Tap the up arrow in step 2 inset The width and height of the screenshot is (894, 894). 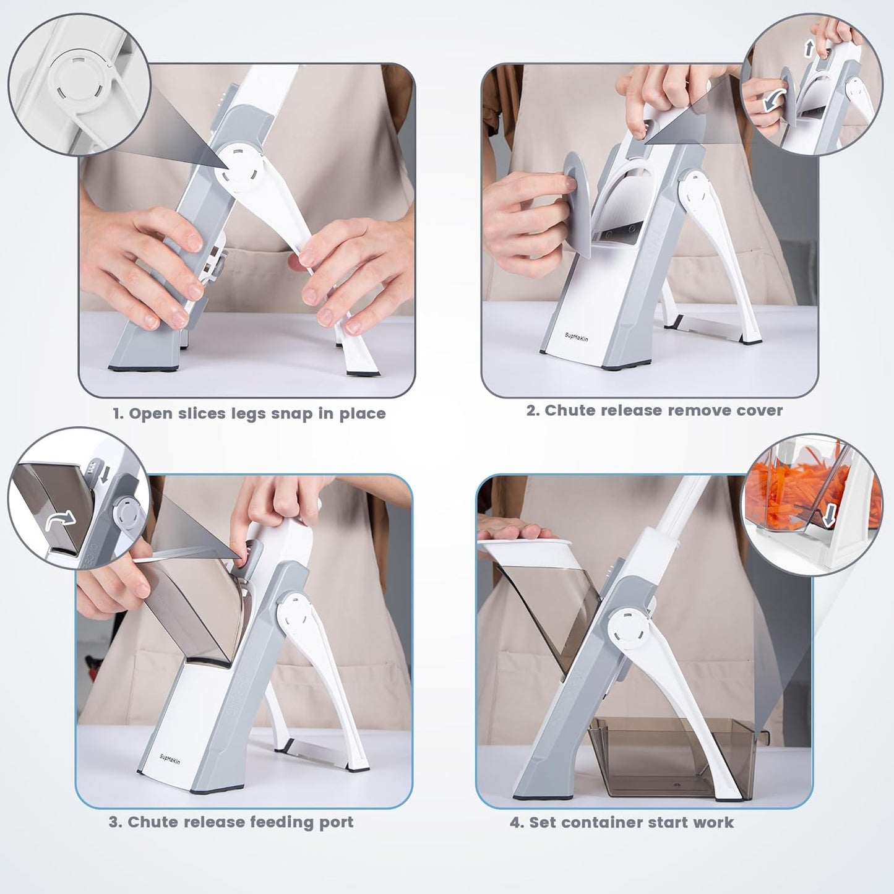click(x=809, y=49)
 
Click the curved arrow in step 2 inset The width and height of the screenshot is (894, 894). click(x=773, y=98)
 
